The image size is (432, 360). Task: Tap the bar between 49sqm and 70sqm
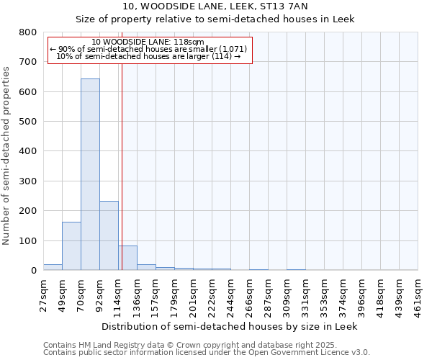[71, 246]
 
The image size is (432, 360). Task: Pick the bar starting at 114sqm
[128, 258]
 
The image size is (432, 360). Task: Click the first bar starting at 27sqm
[53, 267]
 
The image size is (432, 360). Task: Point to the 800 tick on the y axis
[28, 32]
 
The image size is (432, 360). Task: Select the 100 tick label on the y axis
[28, 240]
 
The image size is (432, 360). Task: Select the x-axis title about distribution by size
[230, 326]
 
